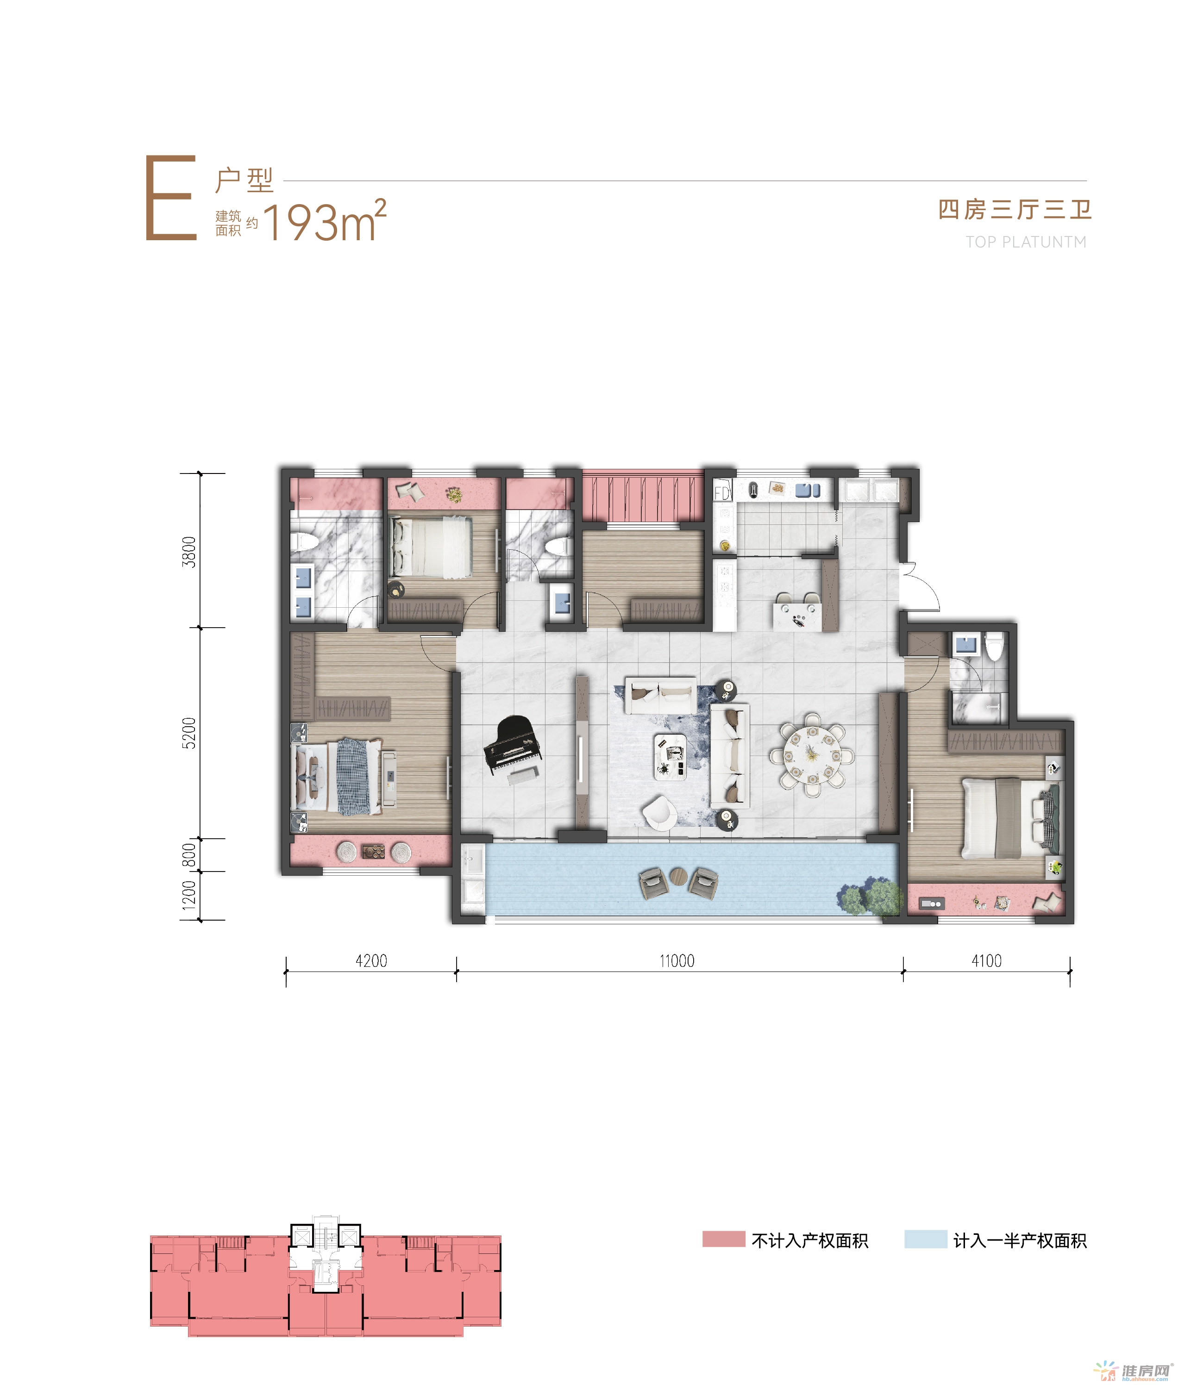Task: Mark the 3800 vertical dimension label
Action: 189,552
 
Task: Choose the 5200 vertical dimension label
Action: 189,733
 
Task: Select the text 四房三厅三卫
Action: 1015,209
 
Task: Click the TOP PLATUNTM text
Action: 1026,242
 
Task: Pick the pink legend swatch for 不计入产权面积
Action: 724,1240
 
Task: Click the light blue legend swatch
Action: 926,1240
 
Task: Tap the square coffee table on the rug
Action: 670,756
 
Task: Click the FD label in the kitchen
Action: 722,493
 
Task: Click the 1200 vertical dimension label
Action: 189,895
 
